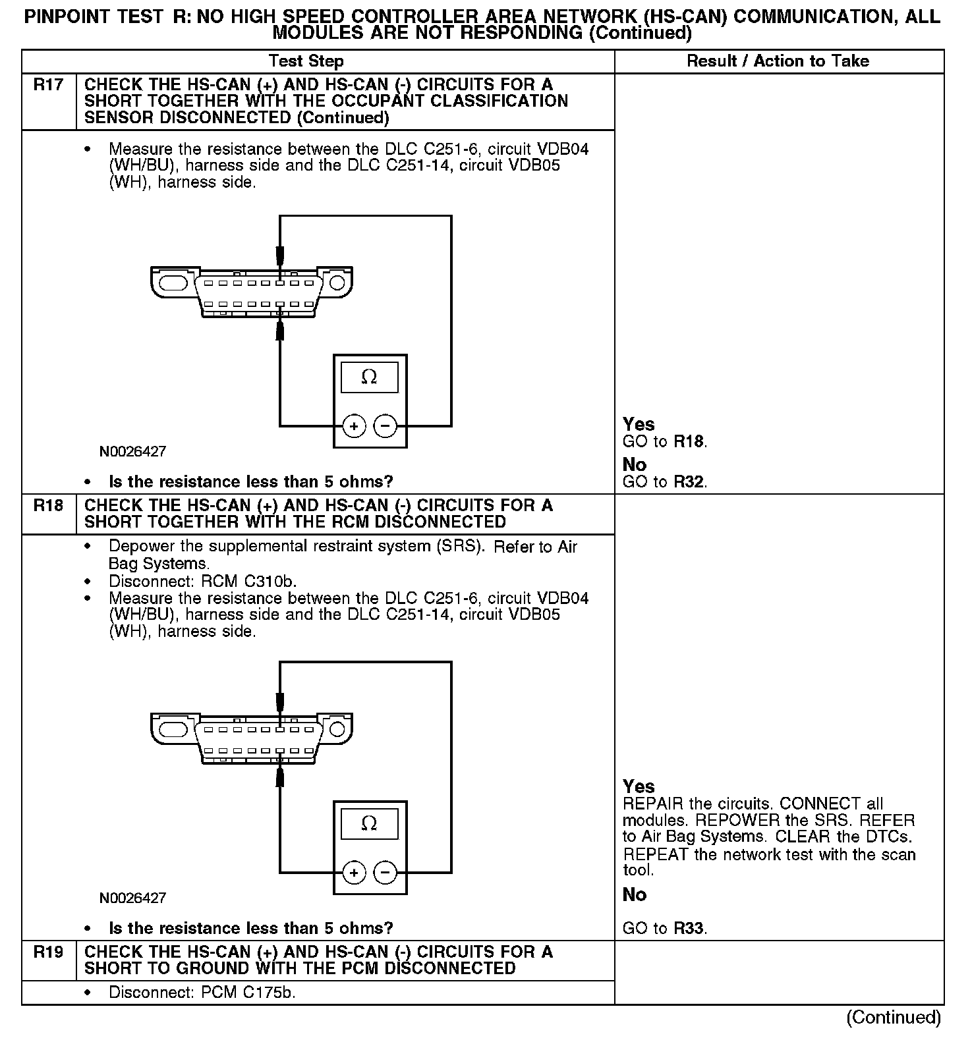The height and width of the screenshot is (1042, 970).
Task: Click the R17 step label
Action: tap(49, 85)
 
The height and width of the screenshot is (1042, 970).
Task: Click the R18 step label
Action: tap(49, 506)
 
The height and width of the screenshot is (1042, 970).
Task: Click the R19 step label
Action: tap(49, 952)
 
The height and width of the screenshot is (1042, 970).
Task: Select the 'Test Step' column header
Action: tap(306, 61)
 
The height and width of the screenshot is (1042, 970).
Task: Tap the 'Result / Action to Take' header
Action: tap(778, 61)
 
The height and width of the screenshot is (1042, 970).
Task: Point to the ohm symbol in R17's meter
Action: tap(369, 377)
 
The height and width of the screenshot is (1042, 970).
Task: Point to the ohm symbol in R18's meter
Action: tap(369, 824)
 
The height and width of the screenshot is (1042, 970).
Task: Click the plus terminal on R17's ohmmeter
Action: tap(354, 426)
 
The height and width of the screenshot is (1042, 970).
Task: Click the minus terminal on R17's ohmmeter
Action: tap(385, 426)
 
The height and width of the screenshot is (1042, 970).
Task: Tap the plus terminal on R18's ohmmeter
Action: tap(354, 873)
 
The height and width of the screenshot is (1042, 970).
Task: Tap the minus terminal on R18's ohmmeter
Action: tap(385, 873)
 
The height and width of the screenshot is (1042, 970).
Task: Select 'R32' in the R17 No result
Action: tap(689, 482)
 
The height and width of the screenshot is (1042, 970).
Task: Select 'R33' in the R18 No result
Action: tap(689, 929)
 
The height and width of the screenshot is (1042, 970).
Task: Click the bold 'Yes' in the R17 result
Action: tap(639, 424)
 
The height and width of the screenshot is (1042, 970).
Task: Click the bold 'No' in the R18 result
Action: tap(635, 894)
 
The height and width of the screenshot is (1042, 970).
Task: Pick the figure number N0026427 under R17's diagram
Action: tap(133, 452)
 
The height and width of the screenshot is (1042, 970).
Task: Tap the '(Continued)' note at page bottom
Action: tap(894, 1017)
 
